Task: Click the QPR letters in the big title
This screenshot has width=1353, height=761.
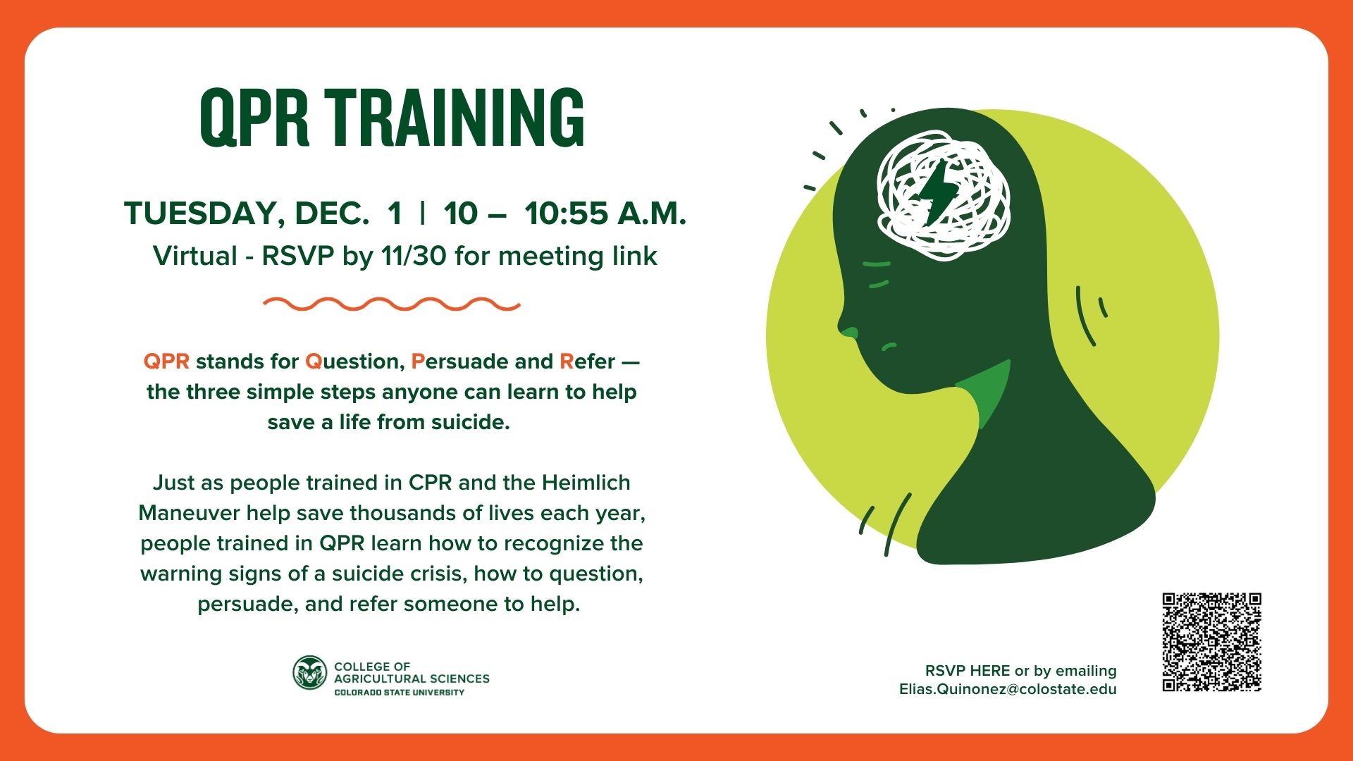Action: (x=254, y=119)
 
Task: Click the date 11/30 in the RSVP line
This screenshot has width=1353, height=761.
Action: (x=414, y=256)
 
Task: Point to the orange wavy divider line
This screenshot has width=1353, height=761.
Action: (x=392, y=304)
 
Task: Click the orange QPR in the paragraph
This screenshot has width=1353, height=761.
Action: (x=166, y=361)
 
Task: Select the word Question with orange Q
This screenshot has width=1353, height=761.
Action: (x=354, y=361)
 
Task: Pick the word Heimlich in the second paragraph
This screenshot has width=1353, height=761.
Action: (x=586, y=483)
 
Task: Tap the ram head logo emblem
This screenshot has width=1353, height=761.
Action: (x=310, y=673)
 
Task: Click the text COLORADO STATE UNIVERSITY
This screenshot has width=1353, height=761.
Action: (x=400, y=693)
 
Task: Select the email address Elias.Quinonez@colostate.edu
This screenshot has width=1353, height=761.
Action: (x=1008, y=689)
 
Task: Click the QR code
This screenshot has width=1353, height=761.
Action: (x=1211, y=642)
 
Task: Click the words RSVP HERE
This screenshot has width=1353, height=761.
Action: (x=968, y=671)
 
